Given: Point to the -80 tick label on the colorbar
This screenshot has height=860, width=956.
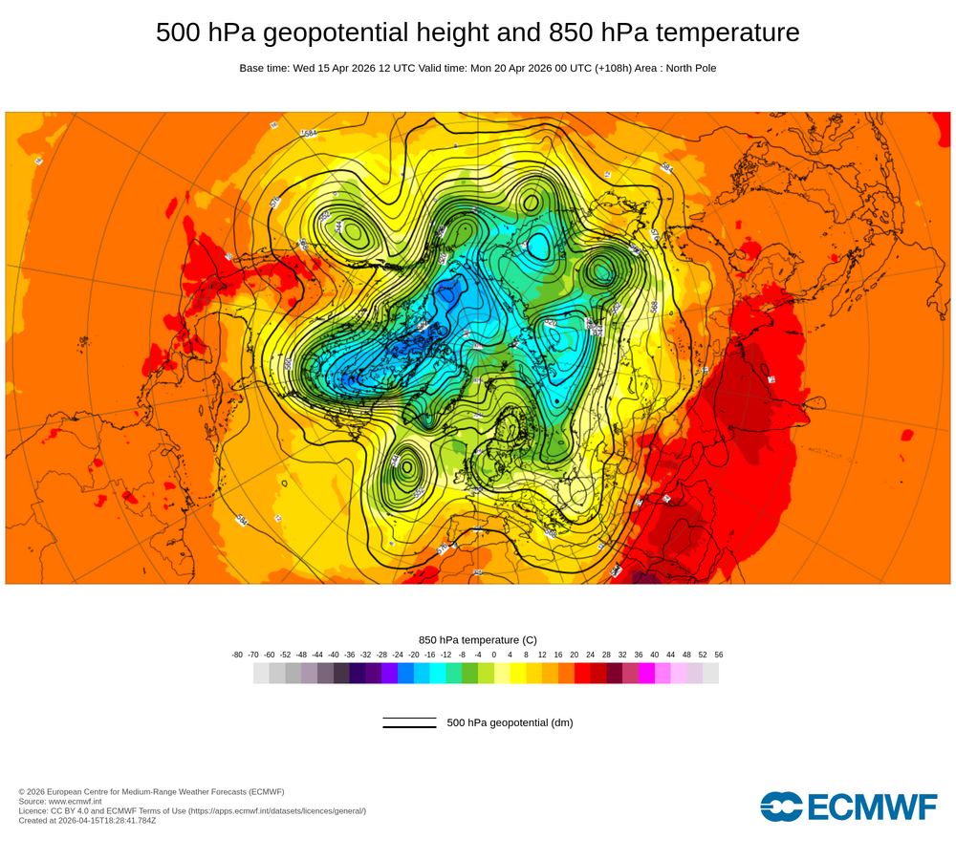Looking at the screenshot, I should [237, 655].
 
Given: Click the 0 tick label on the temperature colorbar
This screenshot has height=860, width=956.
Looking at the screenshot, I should [494, 655].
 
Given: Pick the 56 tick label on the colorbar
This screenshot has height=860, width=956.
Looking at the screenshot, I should [718, 655].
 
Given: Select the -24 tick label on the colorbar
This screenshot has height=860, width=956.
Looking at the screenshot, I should [398, 655].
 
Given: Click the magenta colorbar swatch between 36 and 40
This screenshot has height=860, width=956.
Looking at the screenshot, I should [647, 674].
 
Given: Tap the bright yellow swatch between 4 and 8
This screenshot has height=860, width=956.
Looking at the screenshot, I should [518, 674].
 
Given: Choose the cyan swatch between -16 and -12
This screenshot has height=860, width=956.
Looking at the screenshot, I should [438, 674].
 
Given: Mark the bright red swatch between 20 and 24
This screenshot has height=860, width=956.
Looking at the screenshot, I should [582, 674].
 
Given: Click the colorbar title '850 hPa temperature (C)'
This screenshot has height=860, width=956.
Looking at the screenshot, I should [478, 639].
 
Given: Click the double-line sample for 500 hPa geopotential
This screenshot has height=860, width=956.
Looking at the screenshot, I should [409, 722].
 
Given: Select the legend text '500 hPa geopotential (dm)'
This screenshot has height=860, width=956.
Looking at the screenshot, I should [510, 722].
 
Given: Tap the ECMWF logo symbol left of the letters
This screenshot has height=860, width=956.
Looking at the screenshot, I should [781, 806].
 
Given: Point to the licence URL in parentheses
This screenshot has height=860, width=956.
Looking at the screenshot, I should [276, 810].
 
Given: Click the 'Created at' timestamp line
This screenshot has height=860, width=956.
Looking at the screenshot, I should [87, 820].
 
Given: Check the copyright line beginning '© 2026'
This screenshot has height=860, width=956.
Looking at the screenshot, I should [151, 791].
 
